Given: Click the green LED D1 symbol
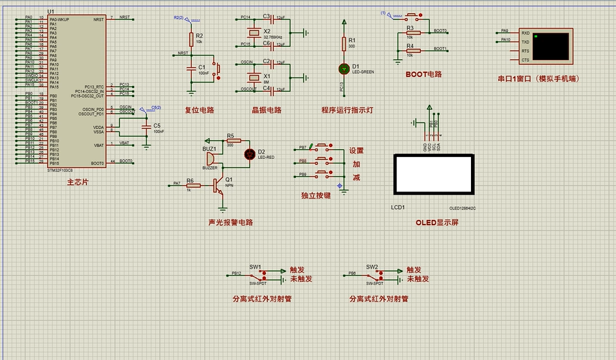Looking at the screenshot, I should click(x=344, y=68).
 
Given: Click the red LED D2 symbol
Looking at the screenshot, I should click(x=248, y=154).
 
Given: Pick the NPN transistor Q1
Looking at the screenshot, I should click(x=220, y=185).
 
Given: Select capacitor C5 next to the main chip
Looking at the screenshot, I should click(x=146, y=128).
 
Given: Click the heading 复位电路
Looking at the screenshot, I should click(x=200, y=110).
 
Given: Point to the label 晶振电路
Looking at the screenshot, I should click(x=267, y=110).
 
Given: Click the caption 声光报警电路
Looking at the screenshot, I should click(x=230, y=222).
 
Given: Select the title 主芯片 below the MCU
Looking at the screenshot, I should click(x=77, y=182).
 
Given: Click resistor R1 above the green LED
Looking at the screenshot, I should click(x=344, y=43).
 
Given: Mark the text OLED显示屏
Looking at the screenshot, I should click(x=437, y=222).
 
